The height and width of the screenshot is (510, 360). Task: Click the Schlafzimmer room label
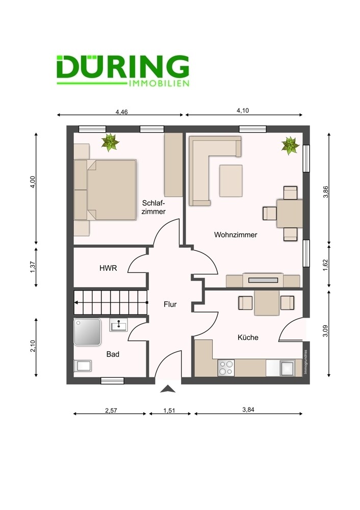pyautogui.click(x=154, y=207)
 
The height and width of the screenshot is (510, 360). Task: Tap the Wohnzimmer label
pyautogui.click(x=236, y=235)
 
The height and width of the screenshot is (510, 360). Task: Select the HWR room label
pyautogui.click(x=108, y=268)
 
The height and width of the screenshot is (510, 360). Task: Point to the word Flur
pyautogui.click(x=170, y=304)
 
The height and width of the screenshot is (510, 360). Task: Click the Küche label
pyautogui.click(x=248, y=337)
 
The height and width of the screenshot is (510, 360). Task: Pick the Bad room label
pyautogui.click(x=113, y=354)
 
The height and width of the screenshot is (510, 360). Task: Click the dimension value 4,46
pyautogui.click(x=122, y=112)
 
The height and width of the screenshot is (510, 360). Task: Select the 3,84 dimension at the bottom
pyautogui.click(x=248, y=410)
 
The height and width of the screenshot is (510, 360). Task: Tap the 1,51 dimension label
pyautogui.click(x=169, y=411)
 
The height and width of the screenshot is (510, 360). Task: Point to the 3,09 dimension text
pyautogui.click(x=325, y=331)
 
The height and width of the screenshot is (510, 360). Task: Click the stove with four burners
pyautogui.click(x=226, y=368)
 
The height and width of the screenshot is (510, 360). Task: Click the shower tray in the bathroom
pyautogui.click(x=87, y=332)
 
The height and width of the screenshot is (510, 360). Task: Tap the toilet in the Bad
pyautogui.click(x=83, y=366)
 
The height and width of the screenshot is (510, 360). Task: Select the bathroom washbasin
pyautogui.click(x=118, y=324)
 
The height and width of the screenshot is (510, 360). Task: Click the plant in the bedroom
pyautogui.click(x=110, y=142)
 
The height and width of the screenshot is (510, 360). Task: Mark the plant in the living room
pyautogui.click(x=291, y=145)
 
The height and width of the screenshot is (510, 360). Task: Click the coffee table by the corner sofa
pyautogui.click(x=231, y=181)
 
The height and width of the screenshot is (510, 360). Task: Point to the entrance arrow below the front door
pyautogui.click(x=168, y=389)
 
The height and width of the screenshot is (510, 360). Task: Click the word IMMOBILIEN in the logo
pyautogui.click(x=159, y=84)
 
